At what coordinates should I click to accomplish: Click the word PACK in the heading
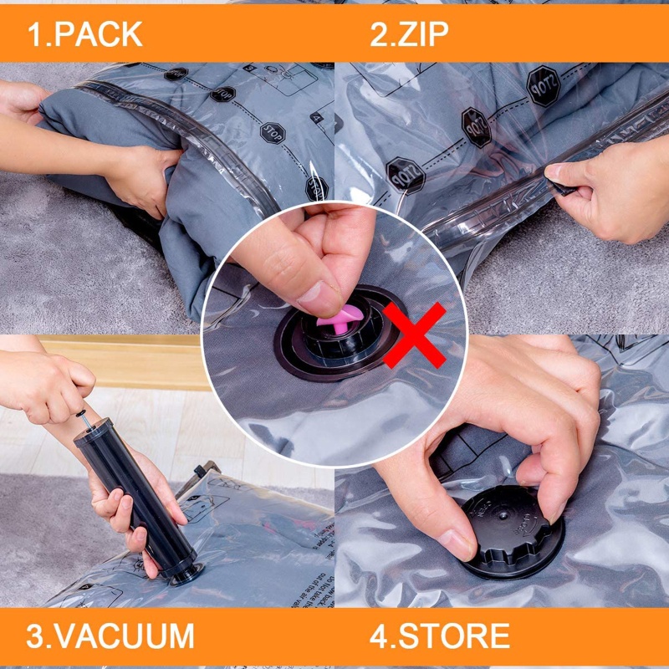99,34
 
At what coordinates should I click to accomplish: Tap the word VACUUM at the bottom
122,636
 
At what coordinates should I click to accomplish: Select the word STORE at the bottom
452,636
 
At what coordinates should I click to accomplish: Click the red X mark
416,335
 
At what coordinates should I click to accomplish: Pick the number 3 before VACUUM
35,636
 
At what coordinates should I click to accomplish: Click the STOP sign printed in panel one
272,134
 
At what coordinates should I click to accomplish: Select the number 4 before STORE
378,636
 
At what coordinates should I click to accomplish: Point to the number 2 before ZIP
378,34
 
